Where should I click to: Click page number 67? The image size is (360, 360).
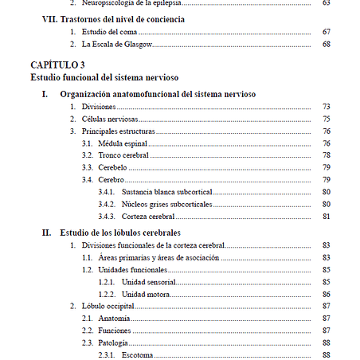(x=327, y=31)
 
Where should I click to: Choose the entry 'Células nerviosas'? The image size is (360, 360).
(x=110, y=119)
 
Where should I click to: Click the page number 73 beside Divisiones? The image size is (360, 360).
(x=327, y=107)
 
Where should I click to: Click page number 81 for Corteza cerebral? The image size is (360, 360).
(x=327, y=216)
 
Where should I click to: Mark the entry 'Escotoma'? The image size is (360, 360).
(x=138, y=354)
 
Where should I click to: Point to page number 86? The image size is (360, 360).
(x=327, y=294)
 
